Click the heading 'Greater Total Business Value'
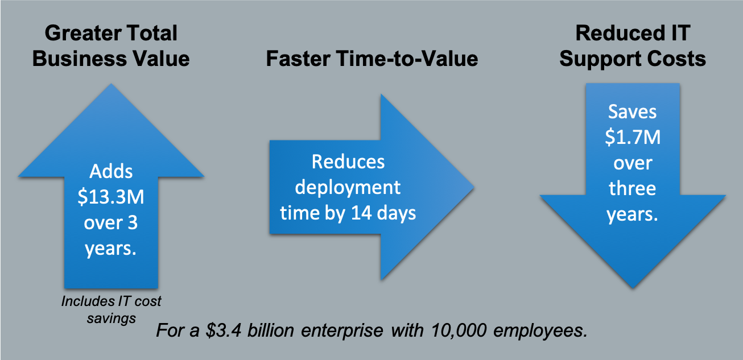click(111, 45)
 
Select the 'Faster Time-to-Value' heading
click(371, 59)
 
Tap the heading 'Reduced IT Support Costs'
click(633, 45)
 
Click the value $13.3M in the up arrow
click(111, 196)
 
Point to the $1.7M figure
click(633, 138)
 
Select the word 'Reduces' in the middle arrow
click(348, 162)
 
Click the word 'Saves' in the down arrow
click(633, 112)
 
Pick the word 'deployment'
click(348, 187)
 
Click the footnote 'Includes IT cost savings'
click(111, 309)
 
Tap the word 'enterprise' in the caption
click(339, 331)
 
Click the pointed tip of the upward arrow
click(111, 85)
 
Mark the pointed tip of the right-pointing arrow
click(473, 186)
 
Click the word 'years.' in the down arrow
click(633, 214)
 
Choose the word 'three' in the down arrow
click(633, 188)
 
